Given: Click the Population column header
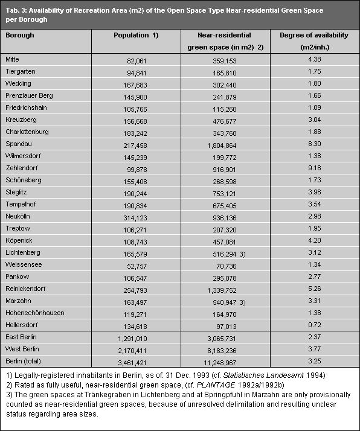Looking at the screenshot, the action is pyautogui.click(x=136, y=36).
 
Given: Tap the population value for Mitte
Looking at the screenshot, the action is pyautogui.click(x=151, y=60).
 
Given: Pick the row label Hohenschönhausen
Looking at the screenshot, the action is pyautogui.click(x=34, y=312).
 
